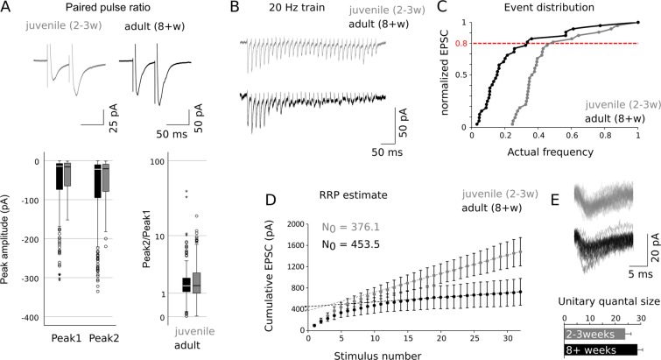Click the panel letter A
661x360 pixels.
click(8, 9)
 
